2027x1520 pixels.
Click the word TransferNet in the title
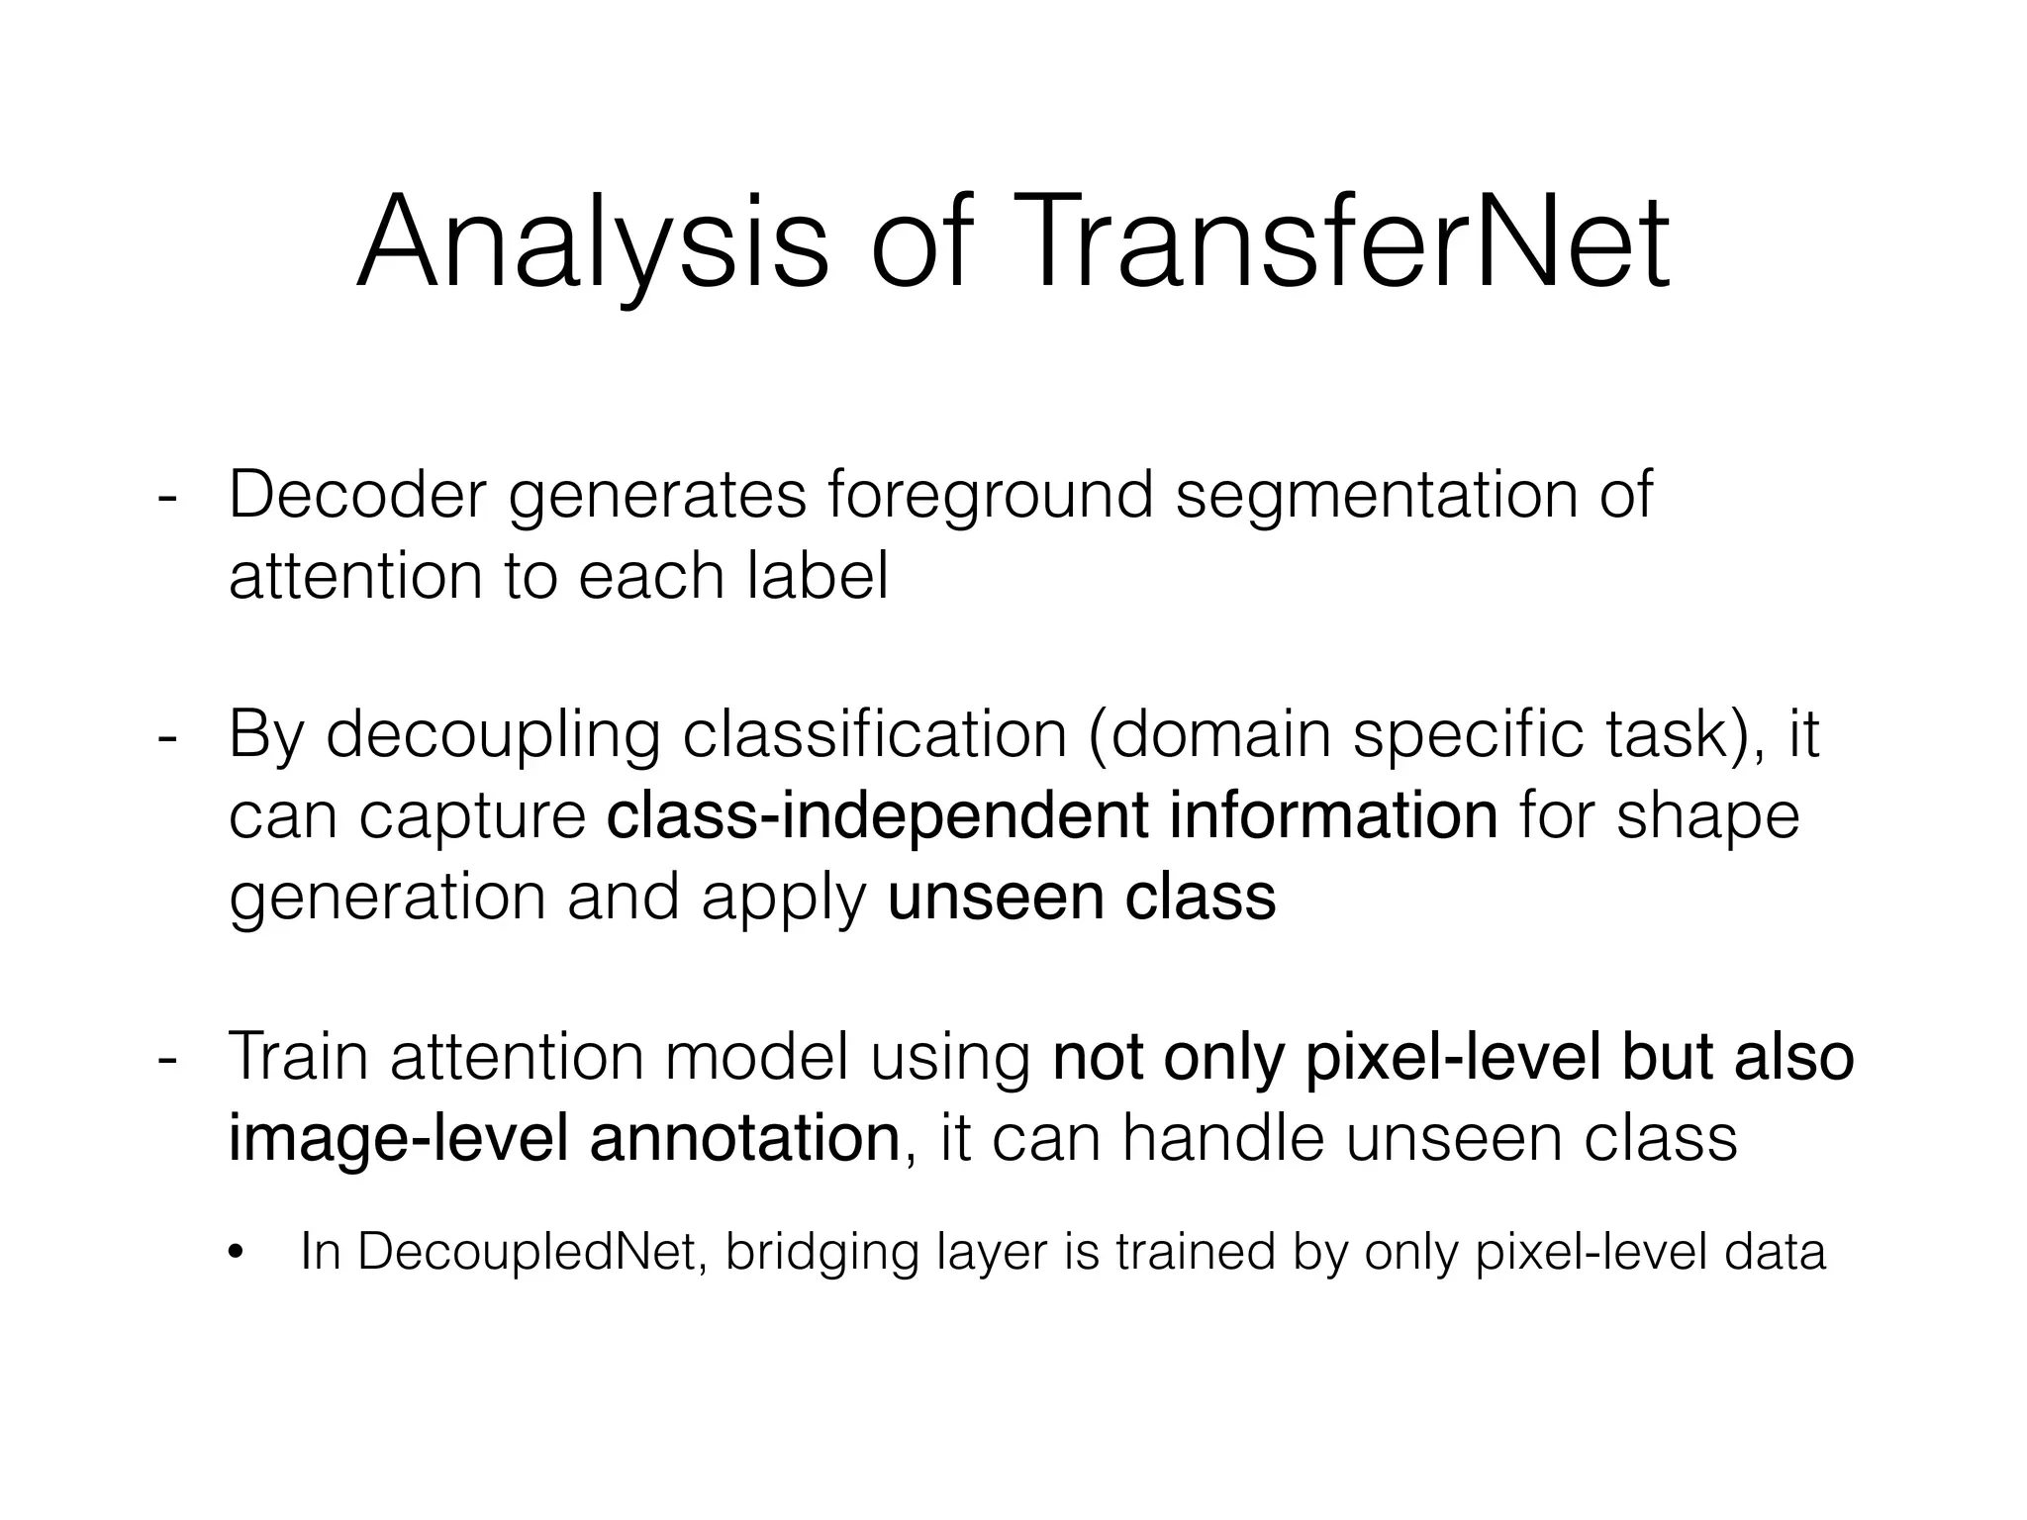click(x=1337, y=242)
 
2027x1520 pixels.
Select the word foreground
click(x=991, y=496)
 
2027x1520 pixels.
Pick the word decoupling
click(x=492, y=737)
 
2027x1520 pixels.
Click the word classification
click(x=875, y=735)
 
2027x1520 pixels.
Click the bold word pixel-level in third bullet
click(x=1453, y=1057)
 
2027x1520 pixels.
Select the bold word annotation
click(x=744, y=1138)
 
